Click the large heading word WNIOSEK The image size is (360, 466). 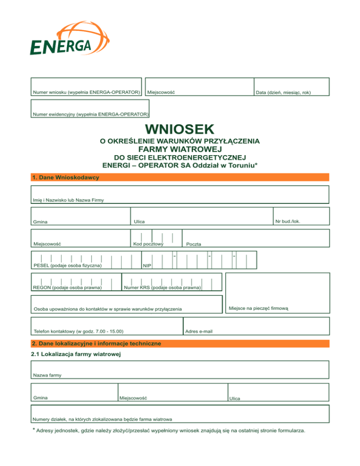click(x=180, y=129)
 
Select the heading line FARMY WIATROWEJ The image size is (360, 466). click(x=180, y=149)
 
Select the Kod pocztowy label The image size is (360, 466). click(x=148, y=244)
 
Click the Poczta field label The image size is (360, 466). click(x=194, y=244)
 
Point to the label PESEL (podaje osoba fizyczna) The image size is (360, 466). click(x=68, y=266)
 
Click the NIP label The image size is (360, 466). click(x=147, y=266)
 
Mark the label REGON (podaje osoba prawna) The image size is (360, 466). click(x=67, y=287)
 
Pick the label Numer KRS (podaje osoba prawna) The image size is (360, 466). click(x=163, y=287)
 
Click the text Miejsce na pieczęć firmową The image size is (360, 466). click(x=261, y=308)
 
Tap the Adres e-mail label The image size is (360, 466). click(x=199, y=331)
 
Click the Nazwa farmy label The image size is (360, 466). click(x=47, y=375)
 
